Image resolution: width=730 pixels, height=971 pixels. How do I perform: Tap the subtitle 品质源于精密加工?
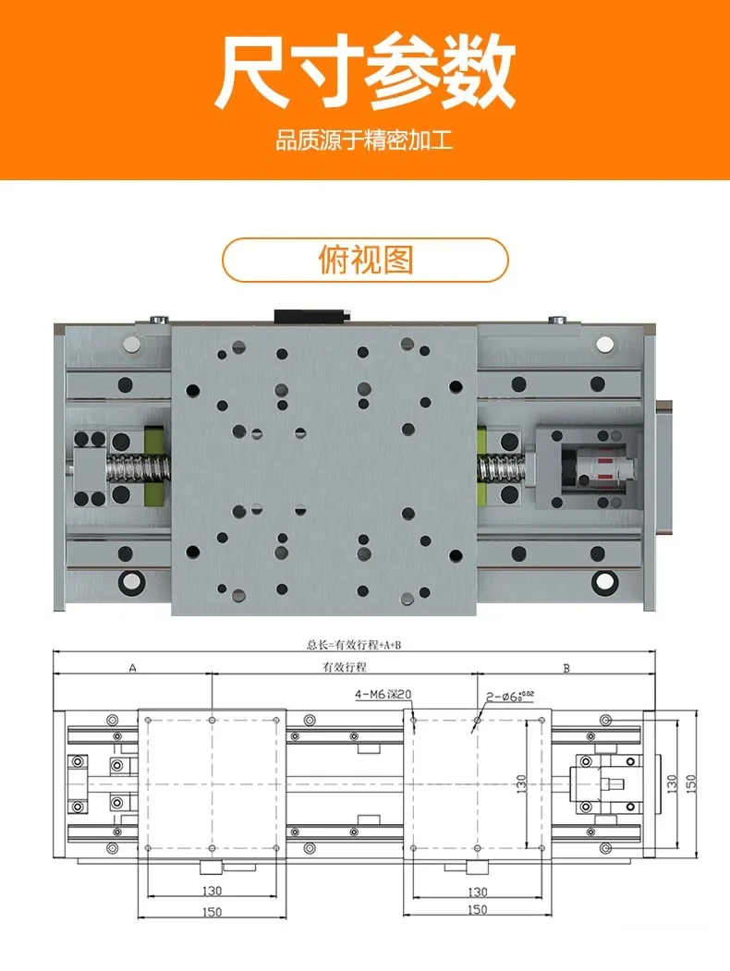click(x=364, y=143)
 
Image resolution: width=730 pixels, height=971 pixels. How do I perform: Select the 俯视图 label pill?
click(x=365, y=260)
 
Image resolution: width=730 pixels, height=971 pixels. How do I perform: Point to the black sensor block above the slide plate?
click(x=309, y=314)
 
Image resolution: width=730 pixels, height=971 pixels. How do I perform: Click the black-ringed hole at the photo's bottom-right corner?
click(x=605, y=581)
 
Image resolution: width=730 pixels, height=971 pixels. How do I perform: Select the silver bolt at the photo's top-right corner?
click(x=606, y=345)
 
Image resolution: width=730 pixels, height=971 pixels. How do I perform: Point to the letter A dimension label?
click(x=131, y=667)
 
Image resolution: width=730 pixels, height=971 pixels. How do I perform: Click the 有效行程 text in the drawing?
click(x=344, y=667)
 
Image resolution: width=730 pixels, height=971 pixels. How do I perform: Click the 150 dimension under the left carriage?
click(x=212, y=910)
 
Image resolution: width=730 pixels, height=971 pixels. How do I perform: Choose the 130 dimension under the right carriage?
click(x=478, y=892)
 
